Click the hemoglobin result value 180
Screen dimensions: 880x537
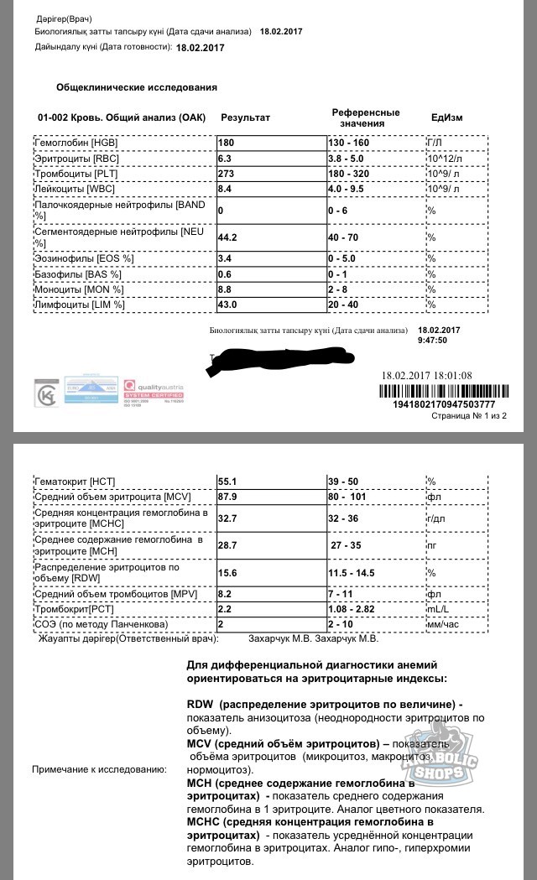click(x=227, y=143)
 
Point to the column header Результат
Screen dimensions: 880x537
click(x=245, y=117)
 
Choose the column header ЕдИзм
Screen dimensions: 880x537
click(x=446, y=117)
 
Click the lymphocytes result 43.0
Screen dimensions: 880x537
click(x=230, y=305)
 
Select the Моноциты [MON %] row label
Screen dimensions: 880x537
click(x=78, y=289)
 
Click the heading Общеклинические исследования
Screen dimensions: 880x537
click(x=136, y=87)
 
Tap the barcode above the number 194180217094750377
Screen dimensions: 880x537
click(x=442, y=390)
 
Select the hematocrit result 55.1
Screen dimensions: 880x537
click(x=228, y=482)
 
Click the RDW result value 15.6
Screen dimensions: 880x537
click(x=228, y=572)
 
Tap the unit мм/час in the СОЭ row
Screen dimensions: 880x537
click(x=444, y=625)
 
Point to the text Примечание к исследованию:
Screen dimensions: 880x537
click(x=99, y=769)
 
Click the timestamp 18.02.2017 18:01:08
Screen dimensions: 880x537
click(x=438, y=375)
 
